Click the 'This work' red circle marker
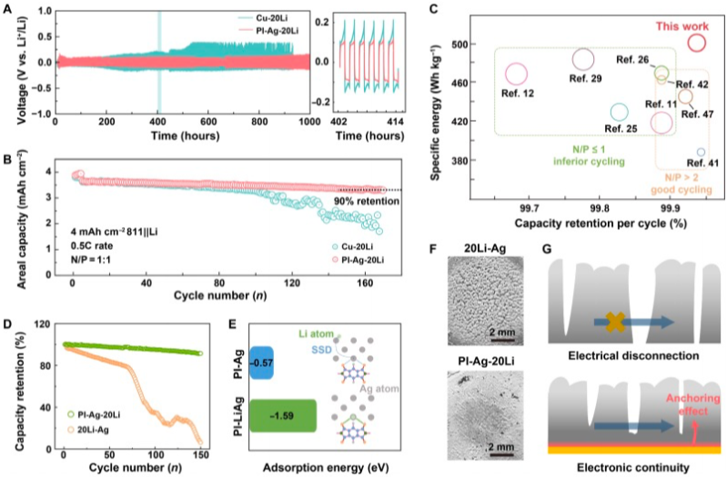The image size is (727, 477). (696, 35)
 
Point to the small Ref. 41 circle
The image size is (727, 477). (701, 149)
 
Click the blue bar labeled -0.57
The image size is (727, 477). (261, 363)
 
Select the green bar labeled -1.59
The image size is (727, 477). (283, 416)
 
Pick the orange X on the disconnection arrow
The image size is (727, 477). (615, 322)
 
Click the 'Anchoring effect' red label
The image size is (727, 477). (693, 404)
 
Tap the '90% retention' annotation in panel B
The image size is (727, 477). (367, 201)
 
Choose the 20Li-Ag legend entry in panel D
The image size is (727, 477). (88, 430)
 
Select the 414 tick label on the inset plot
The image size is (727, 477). (396, 122)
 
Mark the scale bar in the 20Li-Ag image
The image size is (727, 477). (502, 340)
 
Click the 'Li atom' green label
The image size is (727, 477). (317, 333)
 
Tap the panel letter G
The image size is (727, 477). (547, 249)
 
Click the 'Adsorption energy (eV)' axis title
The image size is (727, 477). (326, 467)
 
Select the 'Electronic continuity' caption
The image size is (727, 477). (633, 467)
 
